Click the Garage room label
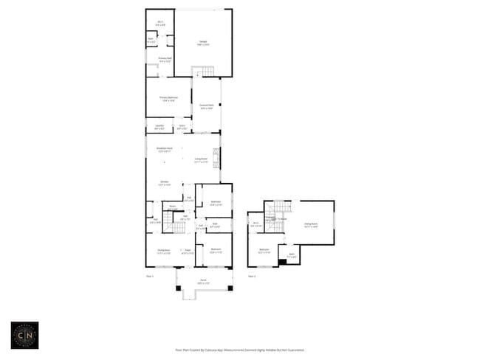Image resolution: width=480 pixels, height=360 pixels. point(203,42)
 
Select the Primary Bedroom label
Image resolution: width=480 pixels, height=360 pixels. point(168,98)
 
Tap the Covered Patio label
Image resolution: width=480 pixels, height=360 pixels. point(207,106)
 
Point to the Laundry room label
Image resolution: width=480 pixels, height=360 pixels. point(160,128)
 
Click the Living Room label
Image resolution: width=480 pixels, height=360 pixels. point(201,160)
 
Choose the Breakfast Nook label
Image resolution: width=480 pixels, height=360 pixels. point(164,150)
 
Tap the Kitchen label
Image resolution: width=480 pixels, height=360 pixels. point(165,183)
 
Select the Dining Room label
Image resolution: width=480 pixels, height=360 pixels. point(163,252)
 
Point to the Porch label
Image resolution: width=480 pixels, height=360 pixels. point(203,281)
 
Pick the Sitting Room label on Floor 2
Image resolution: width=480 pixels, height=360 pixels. point(311,225)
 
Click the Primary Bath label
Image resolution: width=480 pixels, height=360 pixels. point(165,59)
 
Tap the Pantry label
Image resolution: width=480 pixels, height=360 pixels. point(172,207)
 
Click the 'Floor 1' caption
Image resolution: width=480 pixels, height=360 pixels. point(150,276)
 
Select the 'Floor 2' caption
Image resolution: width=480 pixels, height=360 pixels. point(252,276)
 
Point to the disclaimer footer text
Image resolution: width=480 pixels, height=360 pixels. point(239,350)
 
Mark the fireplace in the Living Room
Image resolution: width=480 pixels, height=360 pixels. point(216,157)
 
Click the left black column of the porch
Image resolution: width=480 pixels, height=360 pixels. point(178,287)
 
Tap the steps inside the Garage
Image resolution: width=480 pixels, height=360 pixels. point(203,72)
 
